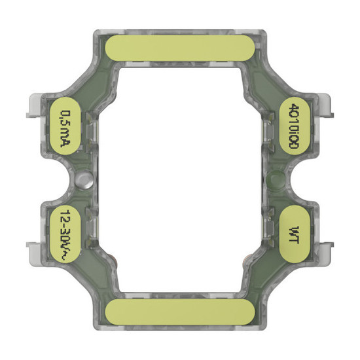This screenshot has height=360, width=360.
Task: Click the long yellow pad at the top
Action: tap(181, 48)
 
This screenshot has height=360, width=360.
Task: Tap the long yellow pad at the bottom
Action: tap(181, 313)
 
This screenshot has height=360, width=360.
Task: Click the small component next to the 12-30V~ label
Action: tap(92, 226)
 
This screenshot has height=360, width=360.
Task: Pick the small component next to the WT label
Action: tap(267, 226)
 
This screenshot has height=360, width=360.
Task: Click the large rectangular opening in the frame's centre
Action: tap(180, 180)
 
